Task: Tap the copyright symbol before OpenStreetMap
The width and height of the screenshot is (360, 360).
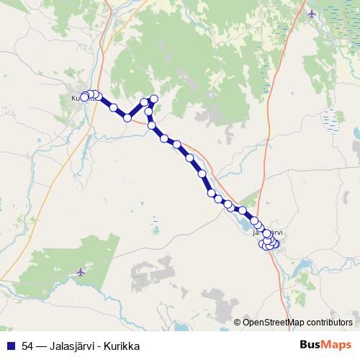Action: point(238,323)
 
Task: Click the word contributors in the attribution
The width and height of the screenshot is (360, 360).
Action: point(329,323)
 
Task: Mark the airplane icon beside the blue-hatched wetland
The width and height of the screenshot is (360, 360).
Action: point(311,14)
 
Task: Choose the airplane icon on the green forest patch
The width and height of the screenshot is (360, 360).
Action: point(80,272)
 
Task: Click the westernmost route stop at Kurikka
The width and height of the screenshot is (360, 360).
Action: point(84,97)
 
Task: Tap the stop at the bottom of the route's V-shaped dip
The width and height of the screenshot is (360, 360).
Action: point(128,117)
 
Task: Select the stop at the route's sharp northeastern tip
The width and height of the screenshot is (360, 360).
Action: point(153,99)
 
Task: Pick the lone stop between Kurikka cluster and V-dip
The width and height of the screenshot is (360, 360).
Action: point(113,107)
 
